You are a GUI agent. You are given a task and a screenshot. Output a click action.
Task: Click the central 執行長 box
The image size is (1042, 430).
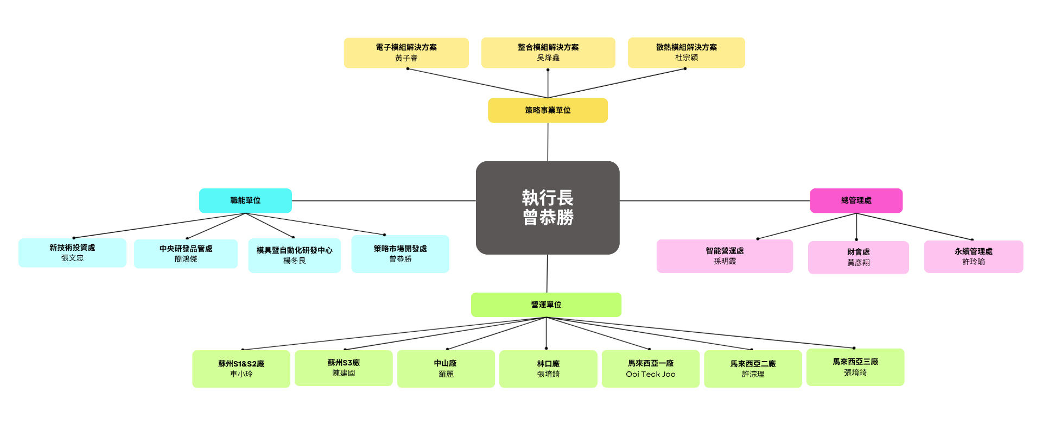pos(548,207)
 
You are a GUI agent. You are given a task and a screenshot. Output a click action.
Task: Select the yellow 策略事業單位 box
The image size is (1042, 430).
pos(548,110)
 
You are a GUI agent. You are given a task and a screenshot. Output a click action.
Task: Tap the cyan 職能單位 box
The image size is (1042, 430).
pos(245,200)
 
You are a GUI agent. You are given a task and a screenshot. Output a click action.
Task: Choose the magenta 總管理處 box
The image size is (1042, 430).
pos(856,200)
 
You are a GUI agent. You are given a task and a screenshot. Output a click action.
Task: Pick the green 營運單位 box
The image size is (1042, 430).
pos(546,305)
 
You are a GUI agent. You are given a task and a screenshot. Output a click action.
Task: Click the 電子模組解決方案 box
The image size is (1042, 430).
pos(406,53)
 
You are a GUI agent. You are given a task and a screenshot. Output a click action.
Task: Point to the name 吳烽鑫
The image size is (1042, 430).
pos(548,58)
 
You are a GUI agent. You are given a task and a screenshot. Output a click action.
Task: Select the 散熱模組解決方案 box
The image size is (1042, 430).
pos(686,53)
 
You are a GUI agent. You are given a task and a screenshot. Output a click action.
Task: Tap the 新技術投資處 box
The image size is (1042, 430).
pos(72,252)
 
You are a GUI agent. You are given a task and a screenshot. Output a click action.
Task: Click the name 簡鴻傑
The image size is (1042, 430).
pos(186,259)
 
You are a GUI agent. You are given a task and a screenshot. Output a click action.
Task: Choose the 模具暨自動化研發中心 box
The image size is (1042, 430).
pos(294,255)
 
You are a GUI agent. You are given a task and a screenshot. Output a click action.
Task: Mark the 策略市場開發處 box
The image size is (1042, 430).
pos(400,254)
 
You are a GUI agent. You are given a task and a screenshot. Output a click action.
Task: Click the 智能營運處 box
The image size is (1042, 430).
pos(725,256)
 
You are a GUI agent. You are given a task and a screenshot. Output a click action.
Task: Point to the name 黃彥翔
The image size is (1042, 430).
pos(858,263)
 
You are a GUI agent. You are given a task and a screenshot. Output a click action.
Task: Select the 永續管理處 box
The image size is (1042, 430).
pos(973,256)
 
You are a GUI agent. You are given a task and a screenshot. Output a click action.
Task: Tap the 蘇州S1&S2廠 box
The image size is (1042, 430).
pos(241,369)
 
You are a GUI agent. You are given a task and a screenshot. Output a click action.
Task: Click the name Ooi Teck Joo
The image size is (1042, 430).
pos(650,374)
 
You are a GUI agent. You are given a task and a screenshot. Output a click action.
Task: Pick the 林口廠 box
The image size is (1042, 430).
pos(548,369)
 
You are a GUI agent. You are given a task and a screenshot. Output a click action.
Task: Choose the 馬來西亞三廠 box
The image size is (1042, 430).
pos(855,367)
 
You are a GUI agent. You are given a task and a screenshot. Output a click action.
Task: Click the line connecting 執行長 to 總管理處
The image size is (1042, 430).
pos(714,201)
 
